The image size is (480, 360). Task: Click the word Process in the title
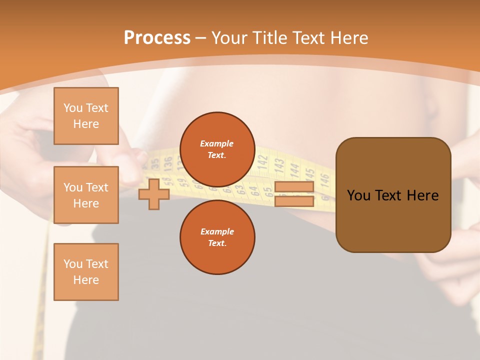pos(157,38)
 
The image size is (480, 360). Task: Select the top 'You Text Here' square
pos(86,116)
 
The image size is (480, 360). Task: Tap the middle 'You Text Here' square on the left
pos(86,195)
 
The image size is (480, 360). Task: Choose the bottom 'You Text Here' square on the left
pos(86,272)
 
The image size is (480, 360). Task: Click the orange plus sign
pos(154,194)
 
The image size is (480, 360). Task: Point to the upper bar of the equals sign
pos(294,187)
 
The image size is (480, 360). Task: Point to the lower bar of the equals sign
pos(294,201)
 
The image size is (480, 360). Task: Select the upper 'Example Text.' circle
pos(217,149)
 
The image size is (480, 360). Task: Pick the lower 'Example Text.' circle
pos(217,237)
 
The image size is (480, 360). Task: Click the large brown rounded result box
pos(393,195)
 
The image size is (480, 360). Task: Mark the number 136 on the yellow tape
pos(168,163)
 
